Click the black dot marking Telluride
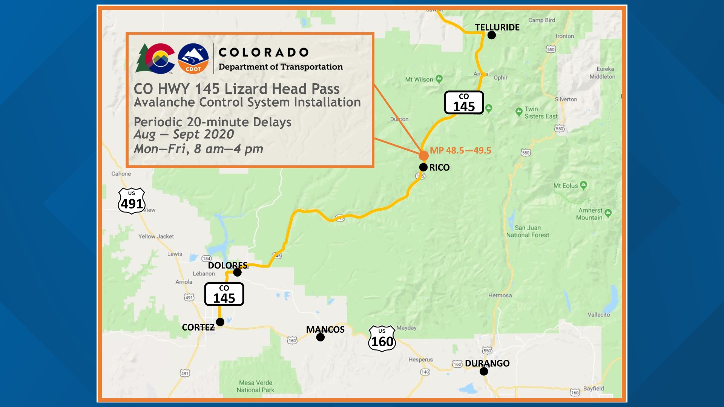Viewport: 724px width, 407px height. [492, 35]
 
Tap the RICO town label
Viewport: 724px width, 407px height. [439, 168]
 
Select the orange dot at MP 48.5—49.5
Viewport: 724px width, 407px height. [423, 155]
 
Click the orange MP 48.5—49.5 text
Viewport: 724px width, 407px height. [460, 150]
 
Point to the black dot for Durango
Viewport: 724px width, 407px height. [484, 372]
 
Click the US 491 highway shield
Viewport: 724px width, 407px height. [132, 201]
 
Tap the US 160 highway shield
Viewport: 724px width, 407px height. [382, 339]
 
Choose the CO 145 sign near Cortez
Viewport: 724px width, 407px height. [224, 294]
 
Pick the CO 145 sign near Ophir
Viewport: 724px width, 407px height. [464, 103]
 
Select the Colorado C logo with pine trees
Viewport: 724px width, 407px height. [155, 58]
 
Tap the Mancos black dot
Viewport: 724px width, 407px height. [321, 337]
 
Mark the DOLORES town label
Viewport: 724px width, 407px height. [227, 265]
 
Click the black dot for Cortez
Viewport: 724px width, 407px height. [220, 322]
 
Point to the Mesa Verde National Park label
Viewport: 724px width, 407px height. [255, 386]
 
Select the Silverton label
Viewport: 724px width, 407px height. [566, 99]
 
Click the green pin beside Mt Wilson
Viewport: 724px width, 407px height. [439, 79]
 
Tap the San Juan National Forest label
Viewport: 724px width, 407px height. [528, 231]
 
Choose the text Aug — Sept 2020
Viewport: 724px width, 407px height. [184, 134]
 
